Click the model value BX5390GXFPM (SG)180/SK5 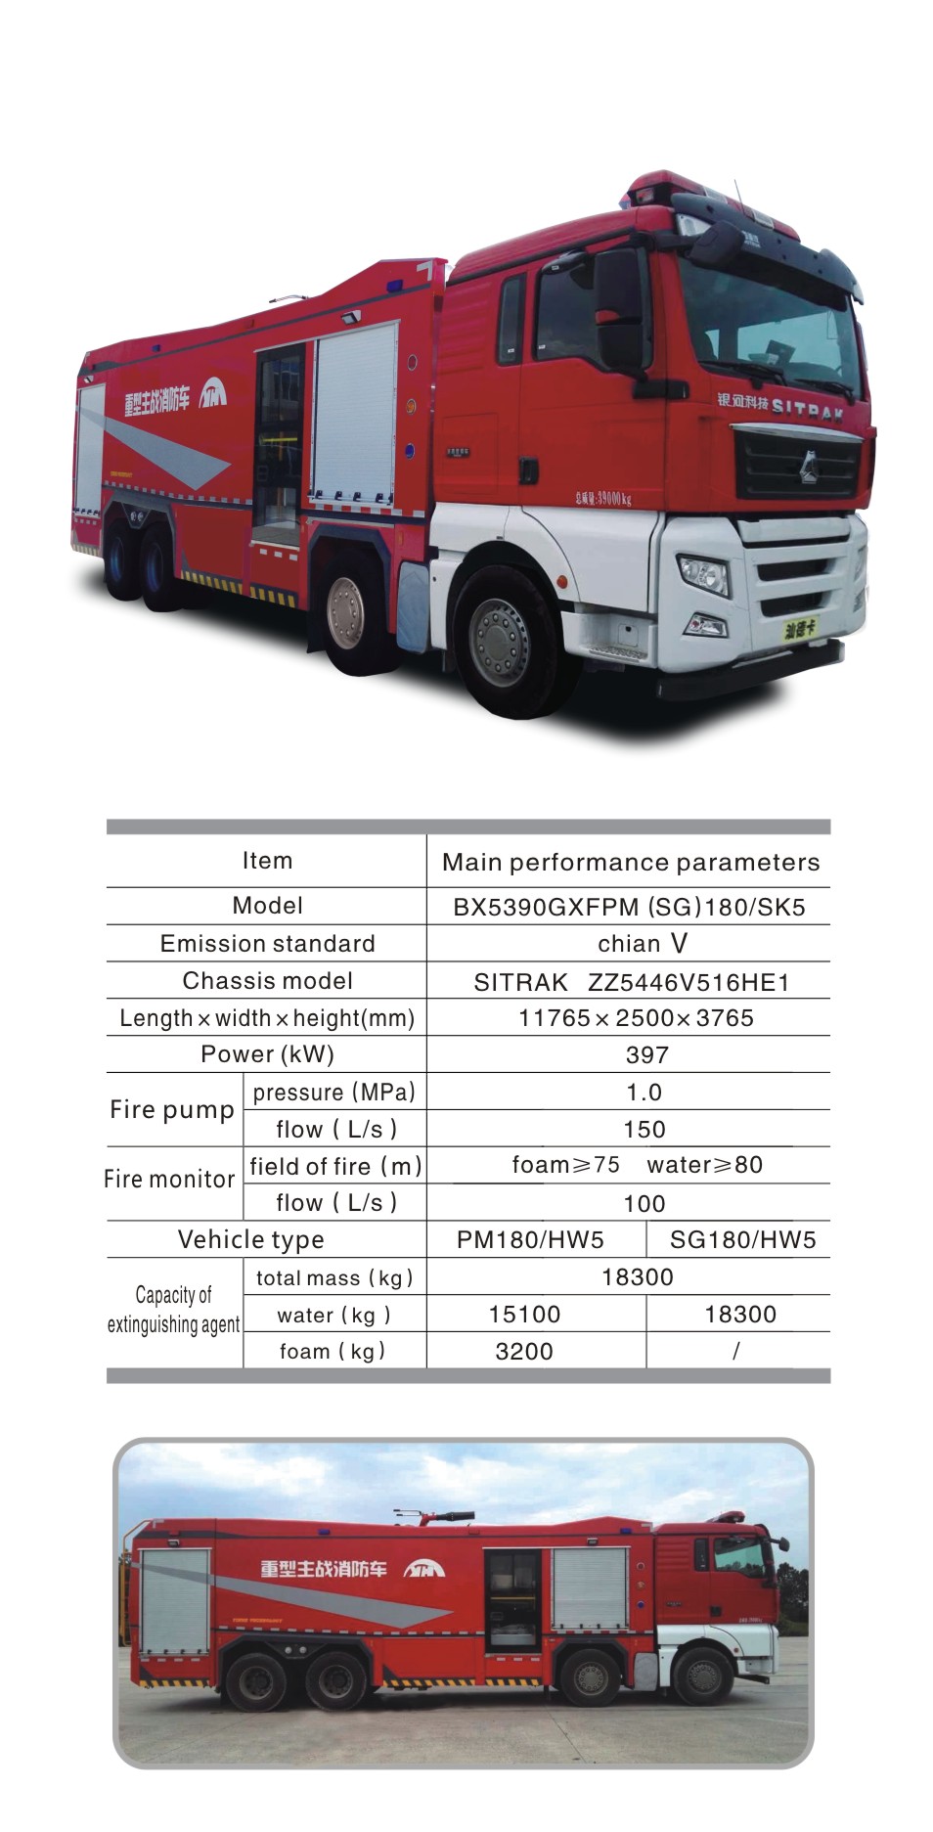(x=629, y=907)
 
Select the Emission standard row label (x=267, y=944)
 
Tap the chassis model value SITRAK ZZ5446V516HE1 (x=631, y=982)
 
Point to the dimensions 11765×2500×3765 (x=636, y=1018)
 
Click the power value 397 (x=646, y=1055)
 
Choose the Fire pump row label (x=172, y=1110)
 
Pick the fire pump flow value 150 (x=644, y=1130)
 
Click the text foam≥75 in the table (x=565, y=1165)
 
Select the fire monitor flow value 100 (x=644, y=1204)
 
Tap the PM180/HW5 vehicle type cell (x=530, y=1240)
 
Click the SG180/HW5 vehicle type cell (x=742, y=1240)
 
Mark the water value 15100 (x=524, y=1315)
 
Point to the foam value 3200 (x=524, y=1352)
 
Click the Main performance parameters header (x=631, y=863)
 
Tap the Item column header (x=267, y=861)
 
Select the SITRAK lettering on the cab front (x=807, y=408)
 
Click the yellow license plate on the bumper (x=801, y=629)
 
